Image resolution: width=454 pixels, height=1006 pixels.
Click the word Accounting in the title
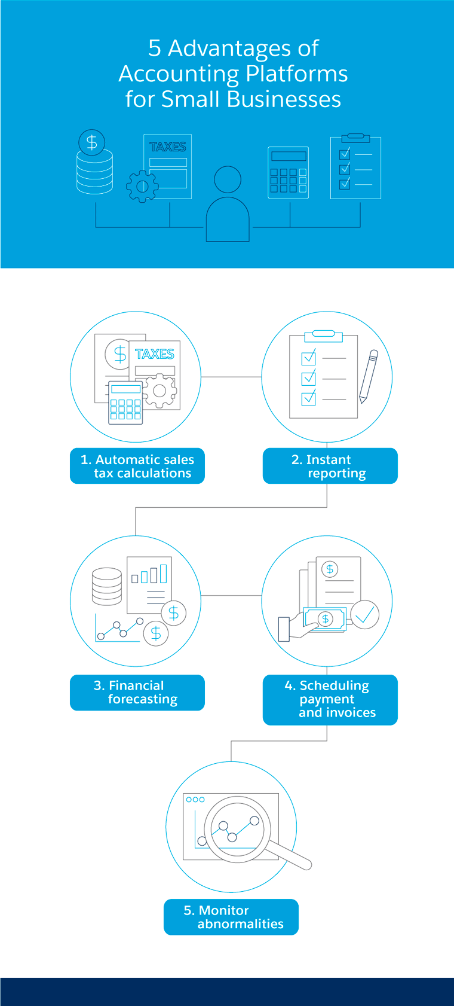179,74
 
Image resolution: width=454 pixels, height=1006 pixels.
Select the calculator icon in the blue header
289,172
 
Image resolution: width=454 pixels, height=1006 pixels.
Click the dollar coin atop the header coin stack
91,142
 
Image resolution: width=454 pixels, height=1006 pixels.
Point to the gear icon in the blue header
142,186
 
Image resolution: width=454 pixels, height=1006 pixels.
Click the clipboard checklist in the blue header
355,167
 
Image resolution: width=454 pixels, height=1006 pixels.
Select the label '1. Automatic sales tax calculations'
137,466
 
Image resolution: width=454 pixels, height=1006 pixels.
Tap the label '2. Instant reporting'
330,466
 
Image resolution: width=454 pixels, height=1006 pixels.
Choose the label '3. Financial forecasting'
137,693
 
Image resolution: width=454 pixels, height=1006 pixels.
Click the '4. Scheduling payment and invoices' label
330,699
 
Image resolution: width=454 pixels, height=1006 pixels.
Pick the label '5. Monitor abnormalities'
231,917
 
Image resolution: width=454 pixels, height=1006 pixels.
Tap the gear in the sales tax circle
159,391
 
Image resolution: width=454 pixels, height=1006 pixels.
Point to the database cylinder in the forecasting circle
107,586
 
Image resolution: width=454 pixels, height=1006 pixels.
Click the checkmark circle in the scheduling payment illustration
364,614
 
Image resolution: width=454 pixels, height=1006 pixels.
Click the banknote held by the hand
326,619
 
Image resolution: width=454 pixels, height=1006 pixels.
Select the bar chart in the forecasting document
150,574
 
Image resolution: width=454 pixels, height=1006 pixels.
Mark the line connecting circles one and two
231,377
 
